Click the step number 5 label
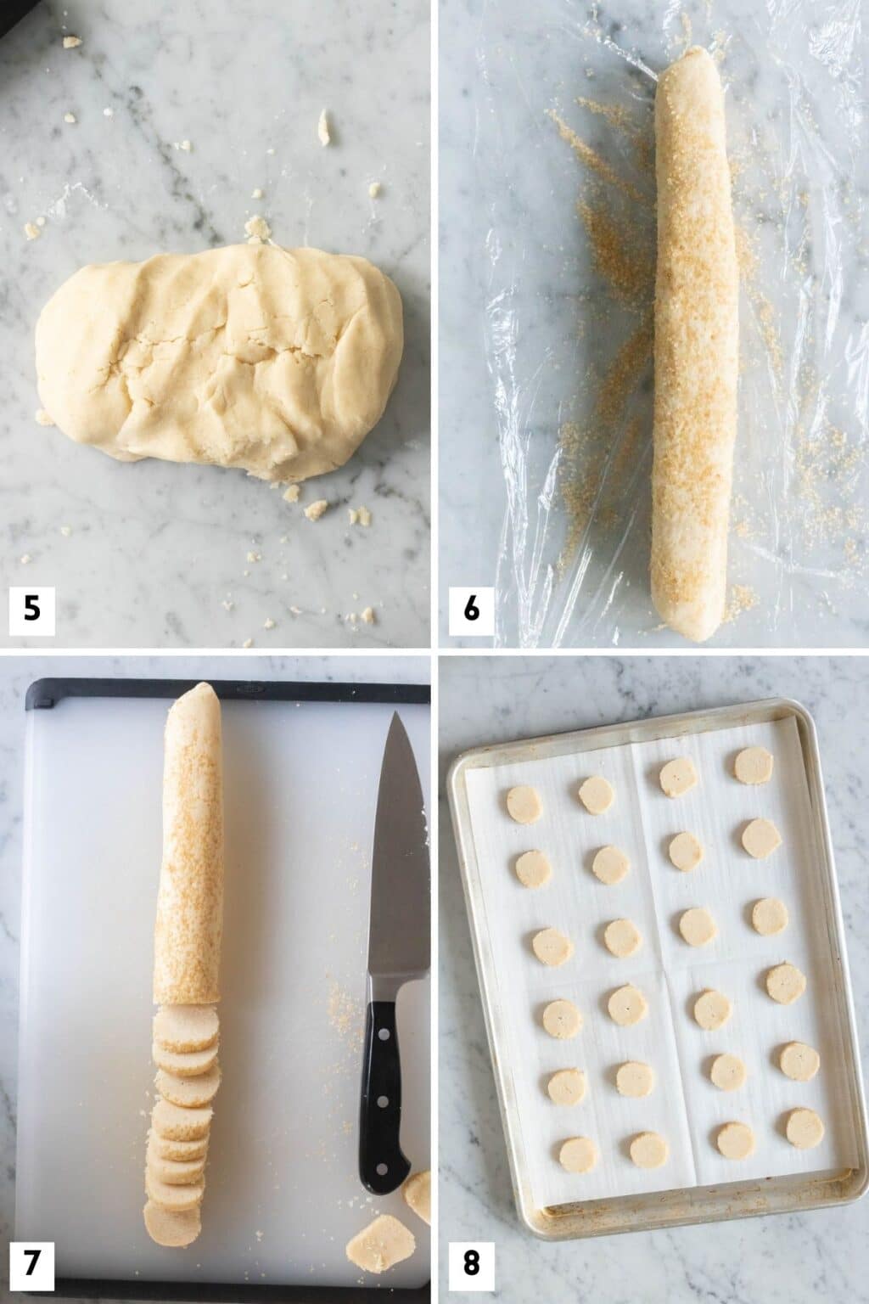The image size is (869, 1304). (x=31, y=609)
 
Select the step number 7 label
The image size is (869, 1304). (x=31, y=1264)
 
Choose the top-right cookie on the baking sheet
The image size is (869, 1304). (x=752, y=761)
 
